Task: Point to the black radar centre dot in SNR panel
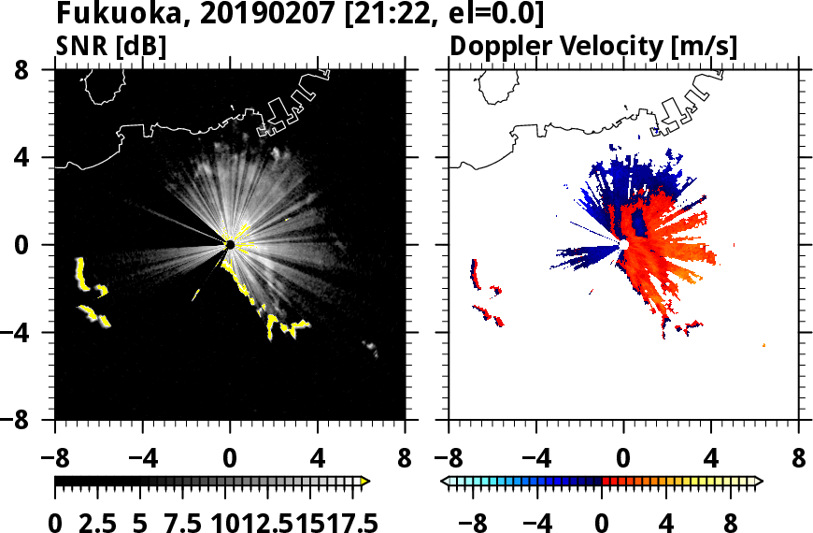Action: (230, 245)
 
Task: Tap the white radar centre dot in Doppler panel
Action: (623, 245)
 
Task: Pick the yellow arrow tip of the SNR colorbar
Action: (365, 482)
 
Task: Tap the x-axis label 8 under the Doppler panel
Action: (799, 461)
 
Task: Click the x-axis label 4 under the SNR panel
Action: (318, 461)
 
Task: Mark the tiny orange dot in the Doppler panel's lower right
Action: (764, 345)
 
